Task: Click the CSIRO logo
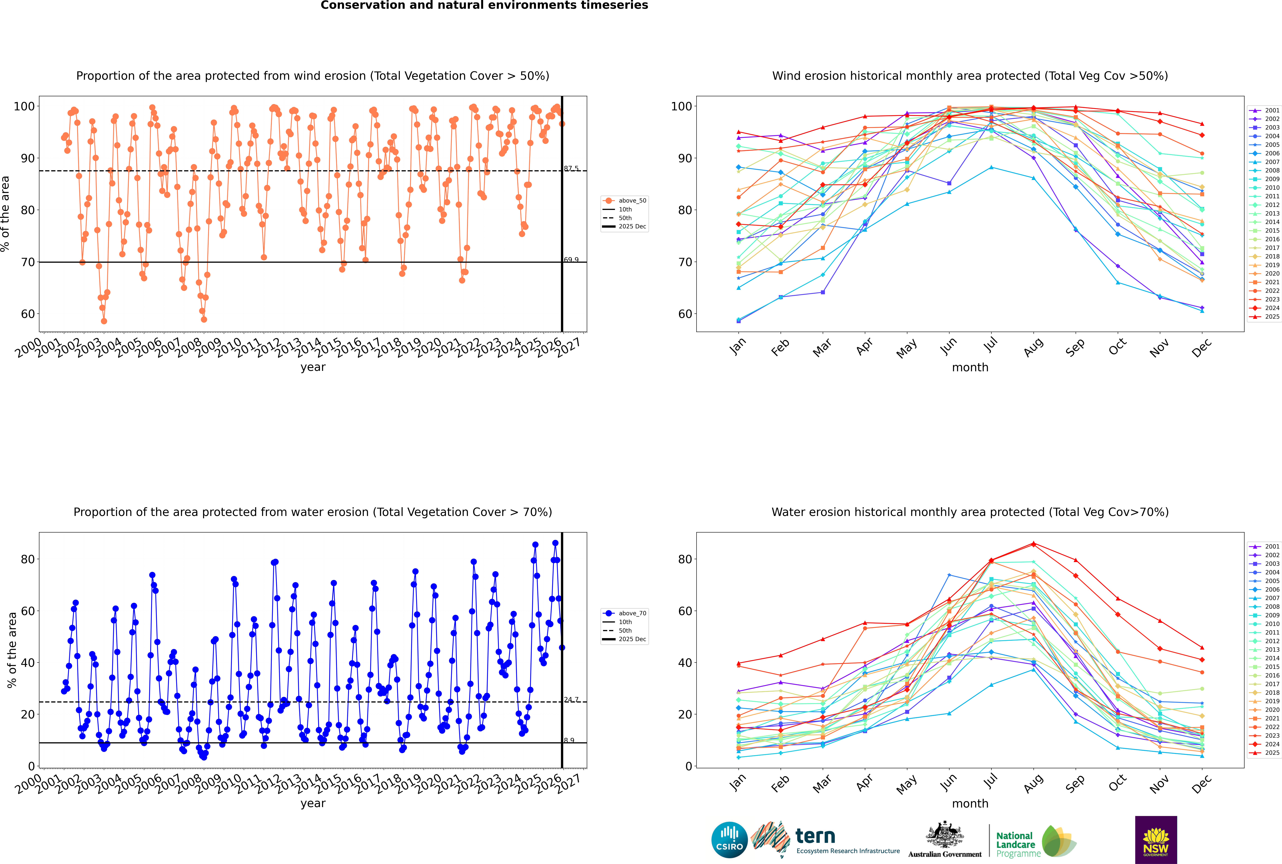pos(729,840)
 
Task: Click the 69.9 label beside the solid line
pos(571,260)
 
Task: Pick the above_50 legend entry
pos(632,201)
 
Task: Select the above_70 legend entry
pos(632,613)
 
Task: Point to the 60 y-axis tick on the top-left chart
pos(27,314)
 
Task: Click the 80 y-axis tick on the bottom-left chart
pos(27,559)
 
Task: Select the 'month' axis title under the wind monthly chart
pos(970,368)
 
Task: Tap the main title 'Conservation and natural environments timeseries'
pos(484,5)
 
